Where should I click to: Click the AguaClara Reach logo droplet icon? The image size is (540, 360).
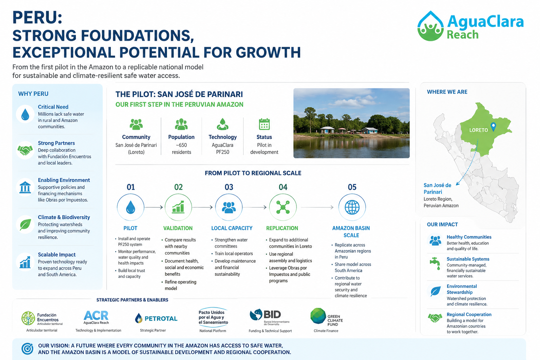pyautogui.click(x=431, y=26)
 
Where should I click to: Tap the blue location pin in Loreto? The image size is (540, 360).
pyautogui.click(x=493, y=127)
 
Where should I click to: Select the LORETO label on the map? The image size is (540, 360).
pyautogui.click(x=478, y=130)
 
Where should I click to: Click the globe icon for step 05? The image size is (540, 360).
pyautogui.click(x=352, y=207)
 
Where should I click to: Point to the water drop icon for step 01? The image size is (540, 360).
pyautogui.click(x=130, y=207)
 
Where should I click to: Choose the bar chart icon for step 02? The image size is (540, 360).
pyautogui.click(x=178, y=207)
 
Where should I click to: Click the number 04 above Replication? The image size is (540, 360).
pyautogui.click(x=283, y=187)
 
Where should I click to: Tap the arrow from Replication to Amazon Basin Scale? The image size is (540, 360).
pyautogui.click(x=317, y=207)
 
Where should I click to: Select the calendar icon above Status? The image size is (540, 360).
pyautogui.click(x=264, y=124)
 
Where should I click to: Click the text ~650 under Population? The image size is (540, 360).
pyautogui.click(x=181, y=145)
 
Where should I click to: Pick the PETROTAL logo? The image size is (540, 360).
pyautogui.click(x=156, y=318)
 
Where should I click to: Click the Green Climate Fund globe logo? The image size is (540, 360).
pyautogui.click(x=318, y=316)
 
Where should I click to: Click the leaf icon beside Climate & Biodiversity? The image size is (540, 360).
pyautogui.click(x=25, y=225)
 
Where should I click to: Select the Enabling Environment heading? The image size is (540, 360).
pyautogui.click(x=64, y=180)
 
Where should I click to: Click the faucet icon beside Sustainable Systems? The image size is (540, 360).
pyautogui.click(x=435, y=264)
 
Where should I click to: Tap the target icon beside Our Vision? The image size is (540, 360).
pyautogui.click(x=27, y=349)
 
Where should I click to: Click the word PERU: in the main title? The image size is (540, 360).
pyautogui.click(x=37, y=18)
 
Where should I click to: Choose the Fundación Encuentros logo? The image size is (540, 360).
pyautogui.click(x=42, y=318)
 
